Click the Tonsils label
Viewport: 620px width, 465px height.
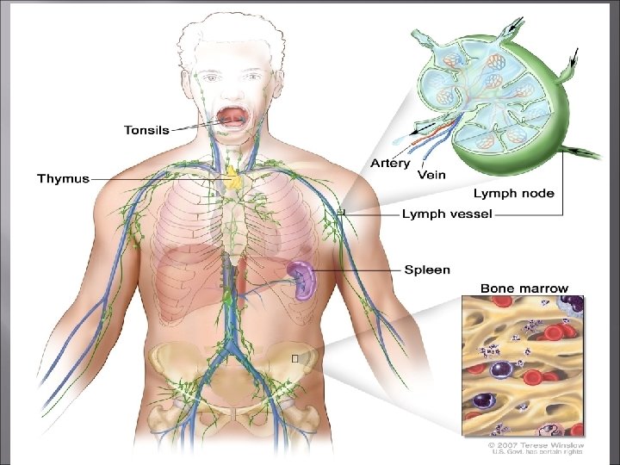tap(146, 131)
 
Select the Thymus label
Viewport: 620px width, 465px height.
tap(62, 179)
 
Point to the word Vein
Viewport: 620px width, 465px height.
tap(431, 174)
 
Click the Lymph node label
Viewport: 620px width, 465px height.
tap(513, 195)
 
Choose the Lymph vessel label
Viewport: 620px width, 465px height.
tap(447, 214)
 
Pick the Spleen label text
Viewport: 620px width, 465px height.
tap(427, 270)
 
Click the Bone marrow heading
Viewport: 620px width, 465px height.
tap(524, 288)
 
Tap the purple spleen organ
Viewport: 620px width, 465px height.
tap(301, 277)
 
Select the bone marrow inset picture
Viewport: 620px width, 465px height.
tap(523, 365)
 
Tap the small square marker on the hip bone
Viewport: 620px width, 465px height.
tap(295, 356)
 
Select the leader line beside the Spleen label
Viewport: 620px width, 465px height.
tap(357, 270)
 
